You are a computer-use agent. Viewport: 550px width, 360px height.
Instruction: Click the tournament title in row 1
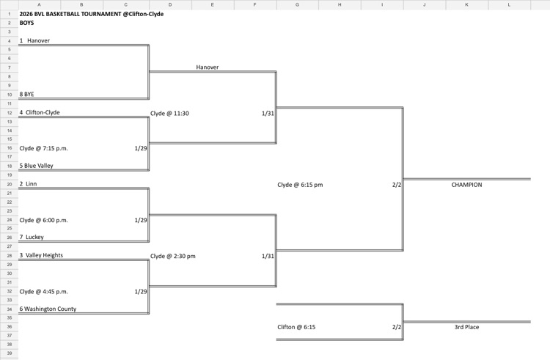91,14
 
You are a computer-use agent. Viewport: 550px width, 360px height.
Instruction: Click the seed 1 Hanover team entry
35,41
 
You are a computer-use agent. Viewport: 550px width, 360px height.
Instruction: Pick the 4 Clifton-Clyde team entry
40,113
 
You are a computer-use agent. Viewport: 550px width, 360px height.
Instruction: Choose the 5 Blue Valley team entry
36,166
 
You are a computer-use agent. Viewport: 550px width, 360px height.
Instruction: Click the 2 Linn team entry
29,184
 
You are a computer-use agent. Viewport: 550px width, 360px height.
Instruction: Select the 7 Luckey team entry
32,238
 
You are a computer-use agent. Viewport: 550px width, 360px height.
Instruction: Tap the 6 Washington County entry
48,309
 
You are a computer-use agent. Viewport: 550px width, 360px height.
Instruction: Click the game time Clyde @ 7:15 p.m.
44,148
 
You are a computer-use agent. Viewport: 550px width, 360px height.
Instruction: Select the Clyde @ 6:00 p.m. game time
44,220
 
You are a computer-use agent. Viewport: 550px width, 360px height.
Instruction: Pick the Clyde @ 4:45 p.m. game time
44,291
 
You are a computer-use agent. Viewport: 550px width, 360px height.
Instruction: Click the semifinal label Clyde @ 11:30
169,114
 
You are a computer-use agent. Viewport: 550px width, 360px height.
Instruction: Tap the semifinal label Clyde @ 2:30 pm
172,256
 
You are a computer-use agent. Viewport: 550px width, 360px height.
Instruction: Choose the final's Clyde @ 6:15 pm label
300,185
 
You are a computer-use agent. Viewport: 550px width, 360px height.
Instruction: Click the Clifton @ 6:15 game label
296,327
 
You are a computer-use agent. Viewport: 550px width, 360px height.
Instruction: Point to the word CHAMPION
466,185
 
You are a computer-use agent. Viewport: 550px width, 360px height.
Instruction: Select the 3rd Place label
466,327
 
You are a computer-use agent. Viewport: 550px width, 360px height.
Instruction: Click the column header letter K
467,4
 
